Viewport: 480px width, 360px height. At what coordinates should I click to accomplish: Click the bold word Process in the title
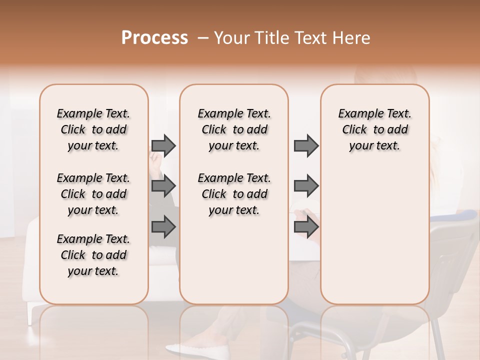(154, 38)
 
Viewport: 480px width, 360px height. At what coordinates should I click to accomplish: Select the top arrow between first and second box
(163, 145)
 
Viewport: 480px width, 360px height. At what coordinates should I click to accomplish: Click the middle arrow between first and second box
(163, 186)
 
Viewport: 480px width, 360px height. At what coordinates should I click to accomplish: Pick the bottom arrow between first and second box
(163, 226)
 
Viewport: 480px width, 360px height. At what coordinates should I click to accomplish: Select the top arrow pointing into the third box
(306, 145)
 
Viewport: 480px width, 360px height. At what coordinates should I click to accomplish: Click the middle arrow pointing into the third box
(306, 186)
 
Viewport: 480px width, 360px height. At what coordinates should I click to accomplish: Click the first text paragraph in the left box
(93, 129)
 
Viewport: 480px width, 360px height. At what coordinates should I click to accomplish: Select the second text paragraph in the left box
(93, 194)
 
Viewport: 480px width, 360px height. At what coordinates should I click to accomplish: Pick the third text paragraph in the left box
(93, 255)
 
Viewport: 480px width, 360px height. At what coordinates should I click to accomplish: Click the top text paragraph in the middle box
(234, 129)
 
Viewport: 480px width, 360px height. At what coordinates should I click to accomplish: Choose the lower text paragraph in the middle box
(234, 194)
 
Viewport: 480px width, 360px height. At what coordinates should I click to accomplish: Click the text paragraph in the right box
(375, 129)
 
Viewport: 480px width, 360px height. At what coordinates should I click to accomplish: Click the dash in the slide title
(202, 38)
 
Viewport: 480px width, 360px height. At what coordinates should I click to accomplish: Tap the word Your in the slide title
(230, 38)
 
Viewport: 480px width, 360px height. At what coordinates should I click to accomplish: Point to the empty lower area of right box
(375, 235)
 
